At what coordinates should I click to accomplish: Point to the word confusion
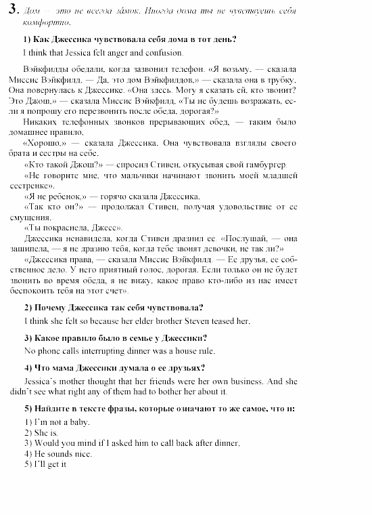pos(162,52)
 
